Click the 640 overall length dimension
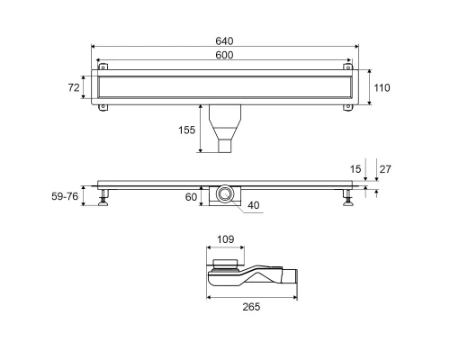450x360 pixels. (x=224, y=41)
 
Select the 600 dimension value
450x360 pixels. (x=224, y=55)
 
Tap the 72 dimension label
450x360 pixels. (x=74, y=87)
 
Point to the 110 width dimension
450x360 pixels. (x=382, y=88)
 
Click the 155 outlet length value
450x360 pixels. (x=186, y=130)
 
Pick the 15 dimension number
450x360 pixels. (x=355, y=169)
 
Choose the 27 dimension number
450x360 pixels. (x=385, y=169)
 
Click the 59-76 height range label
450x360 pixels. (x=65, y=196)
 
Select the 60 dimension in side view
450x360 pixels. (x=191, y=197)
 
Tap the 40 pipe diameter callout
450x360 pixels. (x=254, y=205)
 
